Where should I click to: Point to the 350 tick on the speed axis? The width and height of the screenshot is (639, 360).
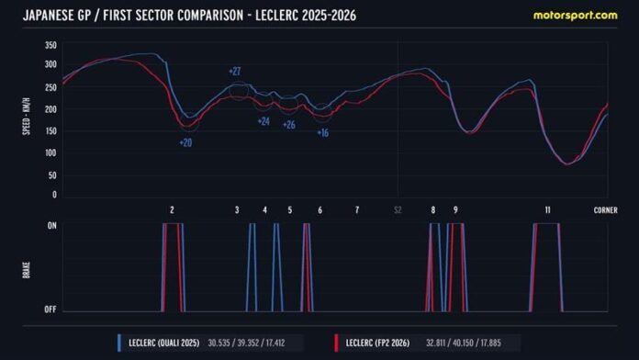(51, 45)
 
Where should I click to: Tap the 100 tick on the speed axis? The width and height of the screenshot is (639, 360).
(51, 152)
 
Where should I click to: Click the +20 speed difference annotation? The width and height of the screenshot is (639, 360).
(185, 142)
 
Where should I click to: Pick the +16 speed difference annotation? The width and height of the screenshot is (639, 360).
(323, 133)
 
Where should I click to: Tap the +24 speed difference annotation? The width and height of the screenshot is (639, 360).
(263, 121)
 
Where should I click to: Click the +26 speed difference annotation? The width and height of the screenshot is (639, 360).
(288, 125)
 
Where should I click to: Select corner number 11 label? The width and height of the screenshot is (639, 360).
(547, 210)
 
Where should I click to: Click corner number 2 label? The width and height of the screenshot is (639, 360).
(172, 210)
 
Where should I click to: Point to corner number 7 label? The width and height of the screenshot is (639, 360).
(356, 210)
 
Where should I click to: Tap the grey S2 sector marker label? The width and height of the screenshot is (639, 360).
(398, 210)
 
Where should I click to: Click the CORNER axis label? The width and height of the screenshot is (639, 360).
(605, 210)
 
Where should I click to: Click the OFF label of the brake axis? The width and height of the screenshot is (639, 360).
(50, 309)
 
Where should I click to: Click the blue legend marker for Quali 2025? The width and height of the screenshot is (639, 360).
(120, 344)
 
